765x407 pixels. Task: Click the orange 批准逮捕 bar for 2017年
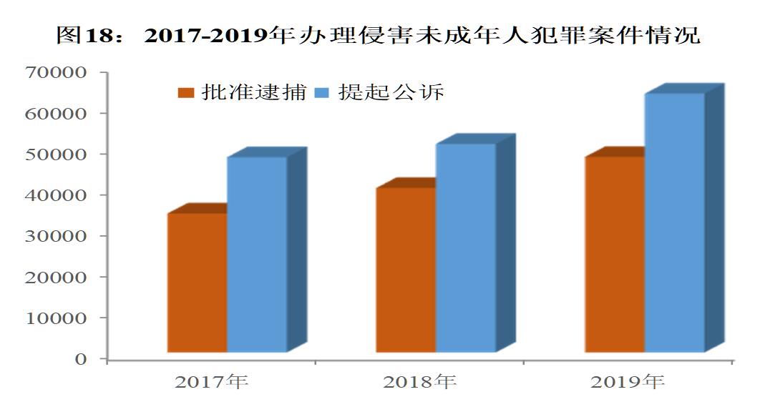197,283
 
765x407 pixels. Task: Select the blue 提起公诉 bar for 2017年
257,254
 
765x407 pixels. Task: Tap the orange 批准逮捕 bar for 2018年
406,270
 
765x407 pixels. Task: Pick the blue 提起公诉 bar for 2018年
466,247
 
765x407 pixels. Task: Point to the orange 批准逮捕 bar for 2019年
615,254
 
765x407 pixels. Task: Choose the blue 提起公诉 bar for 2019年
675,222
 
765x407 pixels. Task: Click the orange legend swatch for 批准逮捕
187,93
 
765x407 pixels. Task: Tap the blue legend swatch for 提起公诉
323,93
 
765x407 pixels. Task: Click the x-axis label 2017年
212,382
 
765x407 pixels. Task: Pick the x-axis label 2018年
420,382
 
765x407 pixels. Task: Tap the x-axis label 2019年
628,382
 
